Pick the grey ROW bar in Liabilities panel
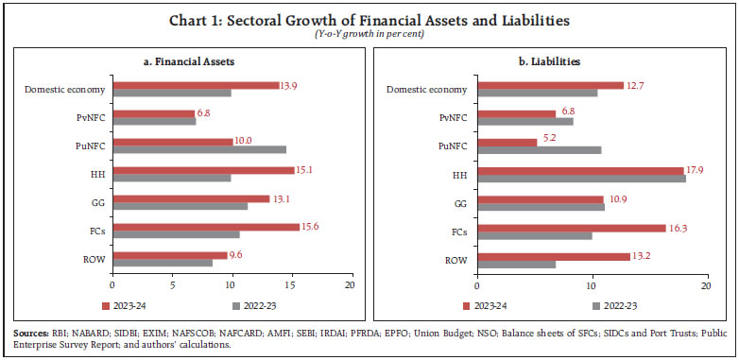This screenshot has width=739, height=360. pos(516,263)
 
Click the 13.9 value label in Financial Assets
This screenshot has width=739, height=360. pos(291,85)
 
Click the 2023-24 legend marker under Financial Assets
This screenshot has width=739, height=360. pos(104,305)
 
